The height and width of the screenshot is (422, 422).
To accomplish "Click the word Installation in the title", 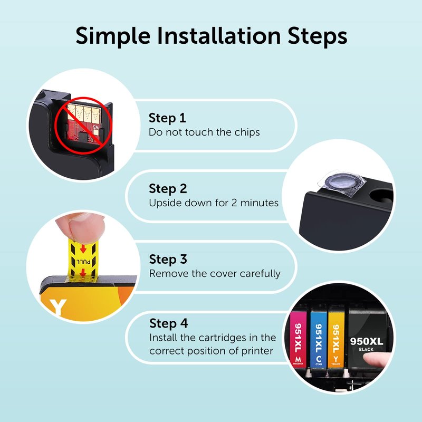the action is (x=219, y=36).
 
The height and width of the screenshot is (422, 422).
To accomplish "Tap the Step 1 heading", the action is (x=167, y=118).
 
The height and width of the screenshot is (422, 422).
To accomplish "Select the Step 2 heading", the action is (x=168, y=188).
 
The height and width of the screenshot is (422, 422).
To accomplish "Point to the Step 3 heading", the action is (x=168, y=259).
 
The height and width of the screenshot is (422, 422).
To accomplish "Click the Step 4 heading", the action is (x=168, y=323).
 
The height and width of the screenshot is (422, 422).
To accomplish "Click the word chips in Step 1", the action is (x=247, y=132).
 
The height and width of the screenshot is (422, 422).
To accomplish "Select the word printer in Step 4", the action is (x=257, y=351).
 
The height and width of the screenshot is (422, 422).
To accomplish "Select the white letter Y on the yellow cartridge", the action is (x=58, y=308).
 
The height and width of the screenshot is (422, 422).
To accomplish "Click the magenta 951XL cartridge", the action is (x=298, y=340).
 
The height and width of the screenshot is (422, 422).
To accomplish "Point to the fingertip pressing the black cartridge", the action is (x=376, y=360).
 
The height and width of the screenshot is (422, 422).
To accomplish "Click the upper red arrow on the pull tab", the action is (x=83, y=248).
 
